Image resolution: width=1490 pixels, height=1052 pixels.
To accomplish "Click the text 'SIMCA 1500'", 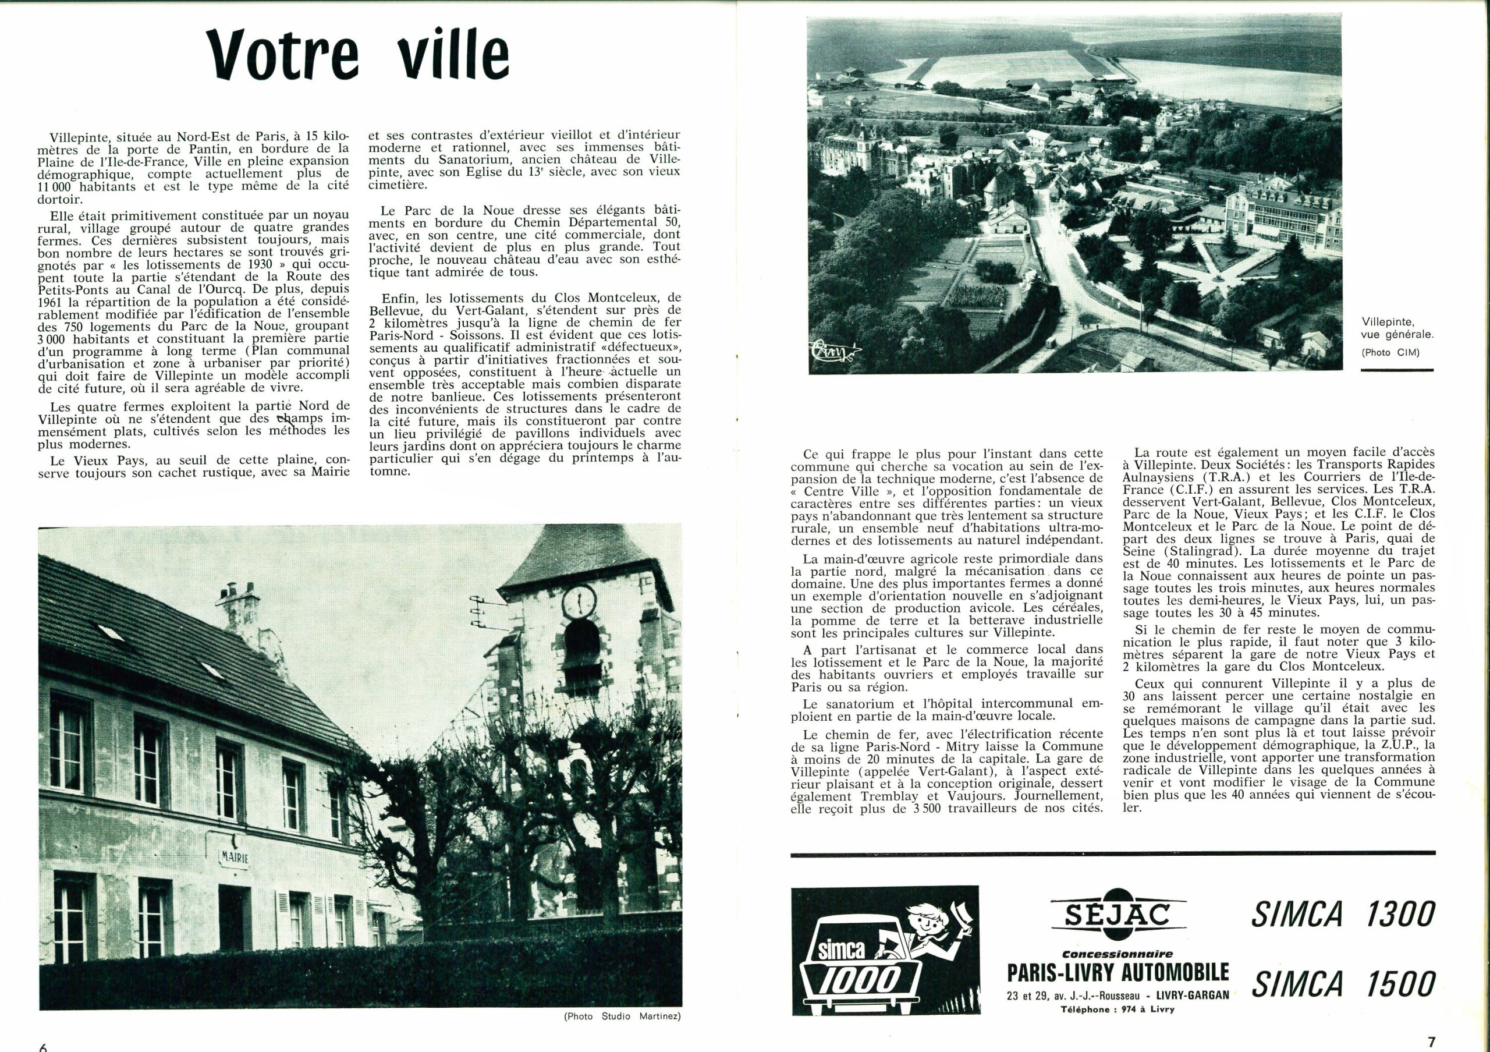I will pyautogui.click(x=1342, y=983).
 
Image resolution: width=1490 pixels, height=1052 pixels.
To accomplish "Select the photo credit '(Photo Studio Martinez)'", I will pyautogui.click(x=622, y=1016).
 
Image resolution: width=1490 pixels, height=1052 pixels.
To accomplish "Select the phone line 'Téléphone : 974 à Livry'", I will pyautogui.click(x=1117, y=1009).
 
